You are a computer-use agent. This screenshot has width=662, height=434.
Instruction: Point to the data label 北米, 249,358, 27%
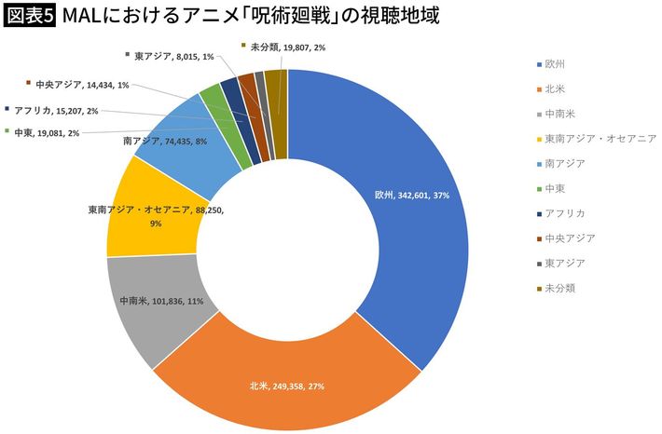[287, 385]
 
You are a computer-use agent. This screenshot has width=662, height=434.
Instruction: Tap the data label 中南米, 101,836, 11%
[162, 302]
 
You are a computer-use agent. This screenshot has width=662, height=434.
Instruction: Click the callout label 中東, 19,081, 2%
[47, 132]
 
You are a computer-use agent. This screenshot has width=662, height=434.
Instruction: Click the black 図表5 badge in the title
[29, 16]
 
